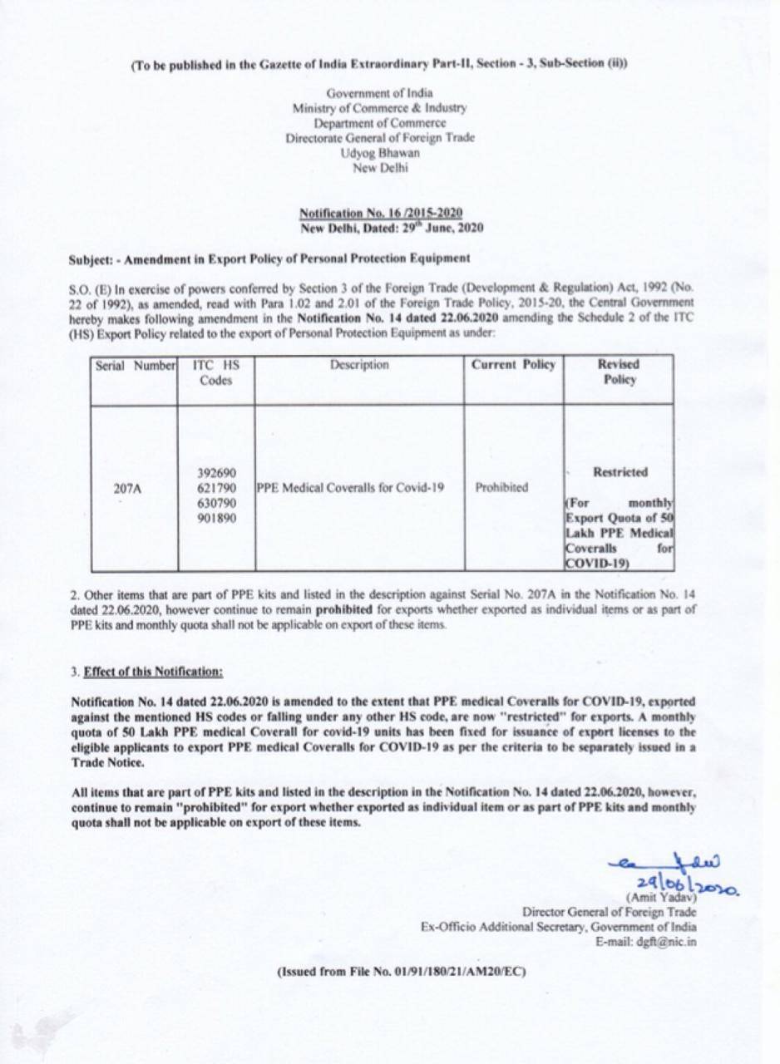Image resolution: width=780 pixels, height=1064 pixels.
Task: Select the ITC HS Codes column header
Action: (x=215, y=372)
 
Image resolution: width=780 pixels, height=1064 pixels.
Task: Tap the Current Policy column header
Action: (x=513, y=365)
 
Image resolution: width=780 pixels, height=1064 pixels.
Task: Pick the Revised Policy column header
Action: (x=617, y=372)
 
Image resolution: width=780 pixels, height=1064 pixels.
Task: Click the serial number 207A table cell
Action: (x=127, y=490)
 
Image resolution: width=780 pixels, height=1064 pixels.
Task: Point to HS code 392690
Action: (x=214, y=472)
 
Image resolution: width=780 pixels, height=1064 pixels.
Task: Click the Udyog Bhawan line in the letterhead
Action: (x=380, y=154)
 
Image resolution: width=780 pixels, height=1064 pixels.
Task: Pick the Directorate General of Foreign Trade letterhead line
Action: (x=380, y=139)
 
